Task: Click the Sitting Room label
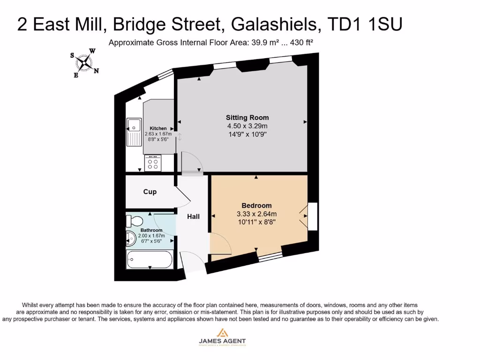pyautogui.click(x=247, y=118)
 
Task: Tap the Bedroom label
pyautogui.click(x=256, y=205)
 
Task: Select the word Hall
pyautogui.click(x=194, y=216)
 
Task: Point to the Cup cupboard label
pyautogui.click(x=150, y=192)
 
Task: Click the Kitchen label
pyautogui.click(x=158, y=128)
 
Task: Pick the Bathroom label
pyautogui.click(x=151, y=230)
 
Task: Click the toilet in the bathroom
pyautogui.click(x=135, y=221)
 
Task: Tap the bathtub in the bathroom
pyautogui.click(x=150, y=259)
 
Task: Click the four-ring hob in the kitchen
pyautogui.click(x=153, y=164)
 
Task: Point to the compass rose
pyautogui.click(x=84, y=62)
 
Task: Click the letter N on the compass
pyautogui.click(x=96, y=71)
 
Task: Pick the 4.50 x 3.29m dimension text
pyautogui.click(x=247, y=126)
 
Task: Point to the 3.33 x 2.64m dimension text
pyautogui.click(x=256, y=214)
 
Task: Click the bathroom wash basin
pyautogui.click(x=131, y=239)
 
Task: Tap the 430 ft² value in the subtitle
pyautogui.click(x=302, y=43)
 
